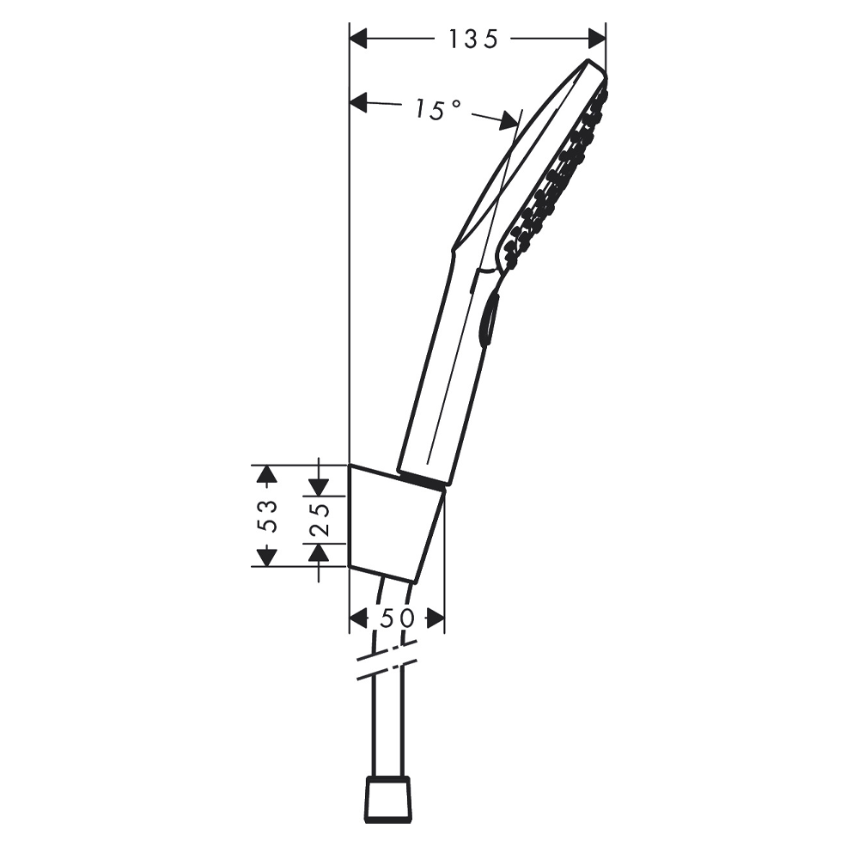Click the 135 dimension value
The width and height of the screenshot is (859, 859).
point(474,39)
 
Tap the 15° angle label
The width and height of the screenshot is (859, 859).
point(436,109)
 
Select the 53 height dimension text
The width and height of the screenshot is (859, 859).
point(268,515)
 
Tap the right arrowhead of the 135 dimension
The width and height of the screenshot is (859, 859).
point(598,39)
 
